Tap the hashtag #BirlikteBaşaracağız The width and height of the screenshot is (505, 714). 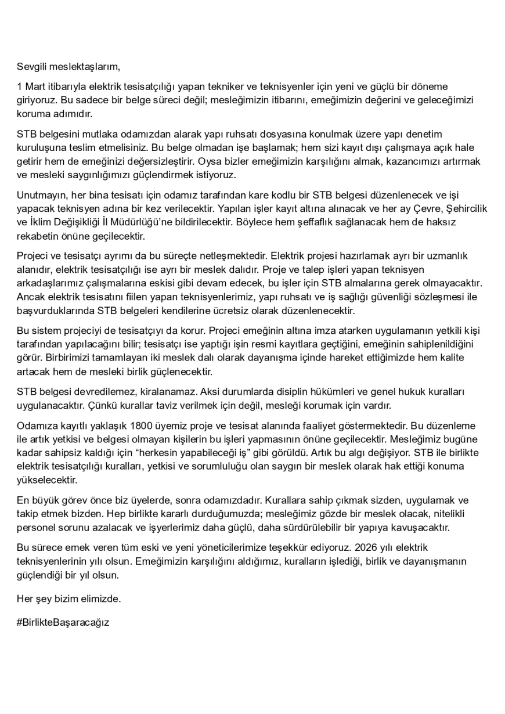(x=63, y=622)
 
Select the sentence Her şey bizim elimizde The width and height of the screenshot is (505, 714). (x=68, y=598)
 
